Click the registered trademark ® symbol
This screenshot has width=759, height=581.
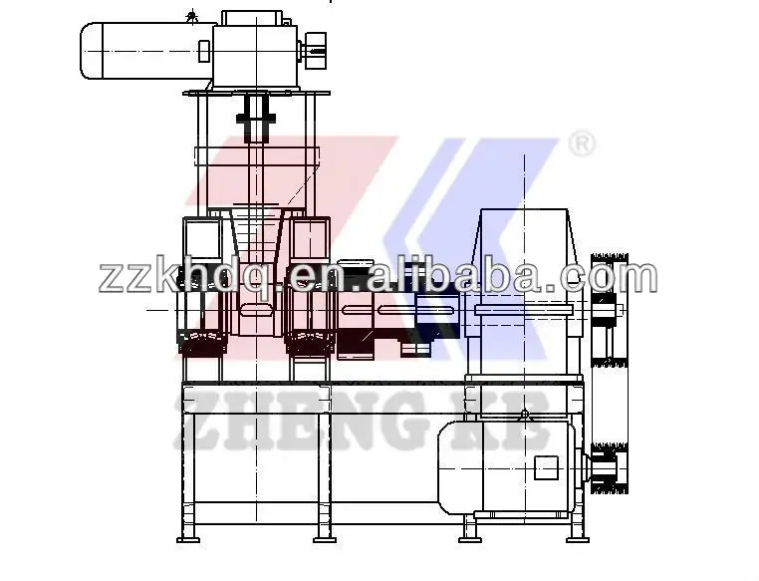582,144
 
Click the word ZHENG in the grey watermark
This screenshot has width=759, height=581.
299,420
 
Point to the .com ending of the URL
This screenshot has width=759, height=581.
601,277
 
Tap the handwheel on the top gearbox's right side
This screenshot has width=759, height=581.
315,51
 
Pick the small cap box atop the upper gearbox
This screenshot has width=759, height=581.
252,18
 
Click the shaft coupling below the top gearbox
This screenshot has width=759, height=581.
256,118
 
